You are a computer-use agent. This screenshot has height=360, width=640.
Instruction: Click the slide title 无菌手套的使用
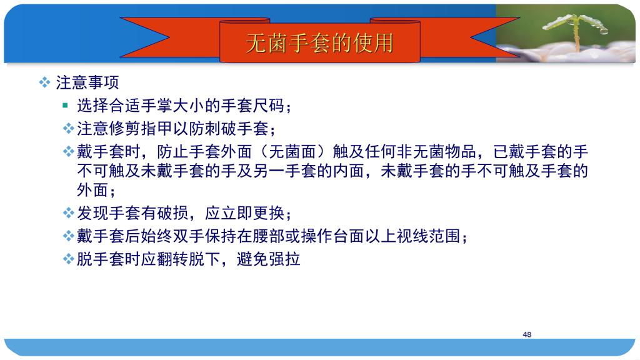click(319, 43)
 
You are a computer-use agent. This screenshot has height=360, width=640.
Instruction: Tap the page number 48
click(527, 334)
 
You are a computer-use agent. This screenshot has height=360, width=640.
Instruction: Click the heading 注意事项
click(87, 82)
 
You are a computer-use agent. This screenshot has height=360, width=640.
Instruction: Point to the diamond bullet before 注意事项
click(44, 82)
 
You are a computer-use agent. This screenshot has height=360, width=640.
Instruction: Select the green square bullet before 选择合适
click(65, 106)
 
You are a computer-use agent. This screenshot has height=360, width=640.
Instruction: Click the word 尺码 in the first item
click(269, 106)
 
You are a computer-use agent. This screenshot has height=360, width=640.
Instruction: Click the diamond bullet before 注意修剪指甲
click(68, 129)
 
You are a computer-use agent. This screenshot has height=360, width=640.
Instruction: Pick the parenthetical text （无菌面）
click(292, 151)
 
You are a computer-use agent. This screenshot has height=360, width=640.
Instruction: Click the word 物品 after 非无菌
click(461, 151)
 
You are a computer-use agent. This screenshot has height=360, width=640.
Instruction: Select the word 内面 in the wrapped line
click(349, 171)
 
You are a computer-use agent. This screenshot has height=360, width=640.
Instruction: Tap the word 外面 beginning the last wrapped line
click(92, 190)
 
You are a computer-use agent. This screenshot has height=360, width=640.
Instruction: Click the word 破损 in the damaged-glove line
click(172, 213)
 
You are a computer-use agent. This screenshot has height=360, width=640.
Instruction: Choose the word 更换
click(269, 213)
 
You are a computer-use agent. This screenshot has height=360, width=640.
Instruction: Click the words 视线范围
click(429, 236)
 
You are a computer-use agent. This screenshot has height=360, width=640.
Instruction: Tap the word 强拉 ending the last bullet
click(284, 259)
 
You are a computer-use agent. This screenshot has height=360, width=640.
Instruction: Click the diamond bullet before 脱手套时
click(68, 259)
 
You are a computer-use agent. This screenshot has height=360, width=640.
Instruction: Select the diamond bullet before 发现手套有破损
click(68, 213)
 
